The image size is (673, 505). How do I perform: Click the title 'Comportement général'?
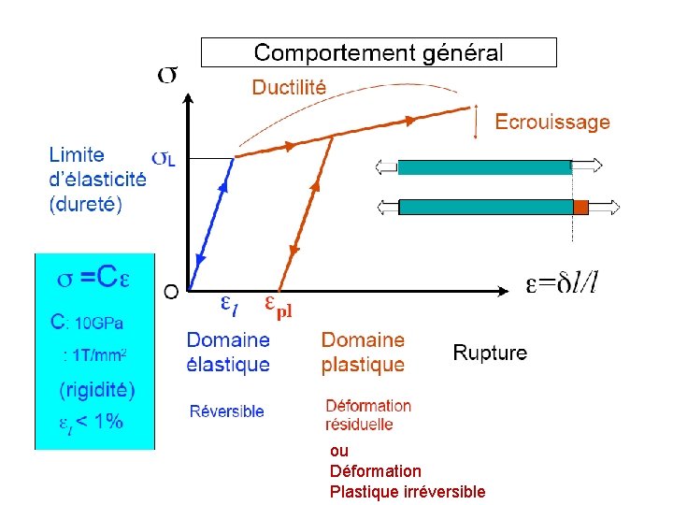[x=379, y=52]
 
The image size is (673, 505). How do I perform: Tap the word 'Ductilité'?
[x=289, y=88]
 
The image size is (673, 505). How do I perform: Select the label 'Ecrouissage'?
[x=551, y=122]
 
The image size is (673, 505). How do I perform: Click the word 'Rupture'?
[x=490, y=353]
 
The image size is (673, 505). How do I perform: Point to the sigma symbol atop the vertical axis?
[x=167, y=75]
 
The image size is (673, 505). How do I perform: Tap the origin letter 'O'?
[x=171, y=292]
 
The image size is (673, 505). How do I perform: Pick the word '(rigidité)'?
[x=97, y=389]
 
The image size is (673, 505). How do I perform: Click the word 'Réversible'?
[x=226, y=411]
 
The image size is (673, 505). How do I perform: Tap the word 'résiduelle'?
[x=359, y=425]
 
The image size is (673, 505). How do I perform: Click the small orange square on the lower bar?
[x=580, y=207]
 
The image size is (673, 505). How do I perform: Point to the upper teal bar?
[x=484, y=167]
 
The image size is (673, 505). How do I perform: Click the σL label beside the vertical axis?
[x=163, y=158]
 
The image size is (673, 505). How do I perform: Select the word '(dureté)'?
[x=85, y=203]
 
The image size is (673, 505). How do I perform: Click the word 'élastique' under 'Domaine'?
[x=228, y=365]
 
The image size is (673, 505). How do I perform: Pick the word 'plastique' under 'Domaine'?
[x=363, y=365]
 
